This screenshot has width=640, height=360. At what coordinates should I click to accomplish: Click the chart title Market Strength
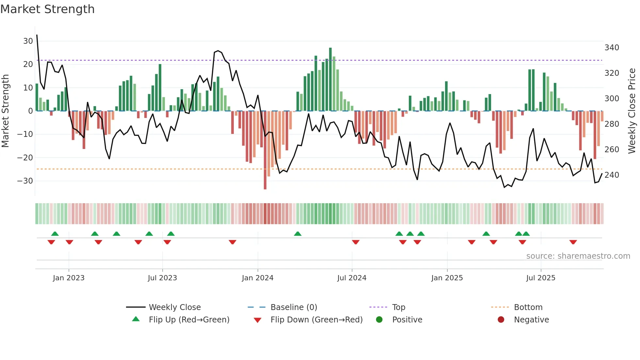47,9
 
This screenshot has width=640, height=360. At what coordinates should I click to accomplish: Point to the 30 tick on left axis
28,41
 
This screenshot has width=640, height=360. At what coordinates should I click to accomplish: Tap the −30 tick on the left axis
25,181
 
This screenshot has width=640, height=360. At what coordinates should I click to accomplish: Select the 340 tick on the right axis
612,48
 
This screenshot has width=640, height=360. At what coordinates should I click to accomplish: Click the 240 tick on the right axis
612,175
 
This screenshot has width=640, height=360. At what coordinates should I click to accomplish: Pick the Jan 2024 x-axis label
257,278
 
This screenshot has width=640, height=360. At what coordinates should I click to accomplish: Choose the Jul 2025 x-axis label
540,278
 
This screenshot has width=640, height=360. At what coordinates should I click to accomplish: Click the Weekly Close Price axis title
632,111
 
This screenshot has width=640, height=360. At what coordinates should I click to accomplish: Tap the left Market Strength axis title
5,111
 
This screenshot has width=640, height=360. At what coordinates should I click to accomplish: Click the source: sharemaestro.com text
578,256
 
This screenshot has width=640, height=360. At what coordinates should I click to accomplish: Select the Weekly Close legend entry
175,307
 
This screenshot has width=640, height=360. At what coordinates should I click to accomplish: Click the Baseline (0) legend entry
294,307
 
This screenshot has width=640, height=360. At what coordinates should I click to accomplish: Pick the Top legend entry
398,307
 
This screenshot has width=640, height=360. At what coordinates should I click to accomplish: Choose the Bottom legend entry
528,307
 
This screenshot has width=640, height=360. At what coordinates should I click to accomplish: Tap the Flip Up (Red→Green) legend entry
189,320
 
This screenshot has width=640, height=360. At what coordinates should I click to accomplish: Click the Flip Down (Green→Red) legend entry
316,320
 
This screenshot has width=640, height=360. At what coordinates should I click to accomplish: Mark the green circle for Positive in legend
379,320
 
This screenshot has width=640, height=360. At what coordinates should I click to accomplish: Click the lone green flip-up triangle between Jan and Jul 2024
297,234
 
